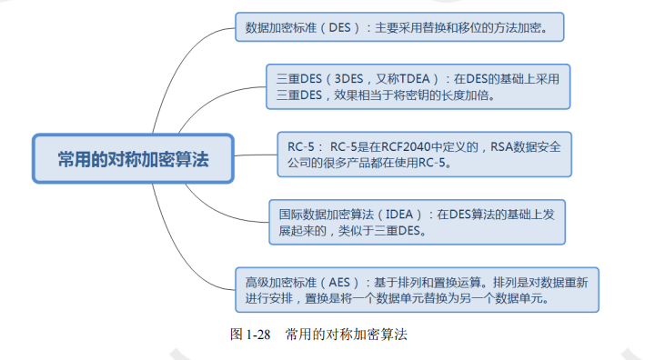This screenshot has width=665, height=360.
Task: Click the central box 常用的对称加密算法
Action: (133, 160)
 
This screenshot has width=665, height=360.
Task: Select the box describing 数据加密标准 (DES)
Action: (399, 27)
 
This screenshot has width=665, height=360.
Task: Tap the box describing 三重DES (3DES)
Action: (418, 85)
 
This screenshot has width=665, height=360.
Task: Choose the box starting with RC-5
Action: (424, 154)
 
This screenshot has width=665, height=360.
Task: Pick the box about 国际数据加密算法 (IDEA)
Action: (417, 222)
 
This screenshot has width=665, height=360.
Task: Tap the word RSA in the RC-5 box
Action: (496, 145)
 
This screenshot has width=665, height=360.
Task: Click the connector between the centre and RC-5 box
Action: (255, 155)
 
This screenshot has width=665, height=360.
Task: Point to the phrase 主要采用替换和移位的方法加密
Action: (460, 27)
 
